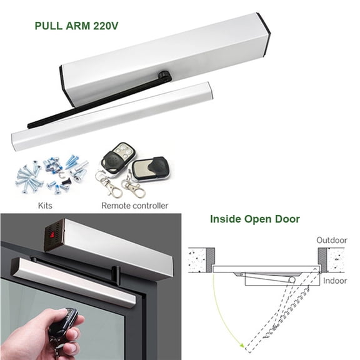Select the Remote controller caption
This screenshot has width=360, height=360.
pos(134,204)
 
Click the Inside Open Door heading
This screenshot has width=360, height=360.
pos(254,219)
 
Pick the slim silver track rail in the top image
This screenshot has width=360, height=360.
pos(112,115)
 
